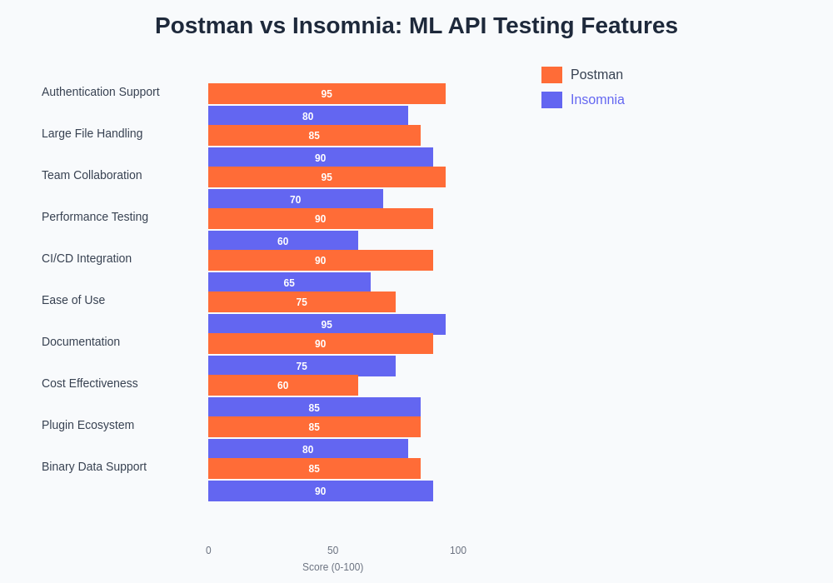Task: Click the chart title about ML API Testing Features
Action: click(x=416, y=26)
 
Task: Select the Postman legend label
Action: click(x=596, y=75)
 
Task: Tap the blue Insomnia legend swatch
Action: click(x=551, y=100)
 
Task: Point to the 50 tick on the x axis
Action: click(x=333, y=551)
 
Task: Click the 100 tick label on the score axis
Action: click(x=458, y=551)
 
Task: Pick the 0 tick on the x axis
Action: click(x=208, y=551)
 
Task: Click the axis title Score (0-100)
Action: click(x=332, y=567)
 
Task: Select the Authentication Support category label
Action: click(x=101, y=92)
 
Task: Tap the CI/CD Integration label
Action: click(x=87, y=258)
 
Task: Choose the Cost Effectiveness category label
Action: click(x=90, y=383)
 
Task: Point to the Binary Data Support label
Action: click(x=94, y=466)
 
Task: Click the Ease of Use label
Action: click(x=73, y=300)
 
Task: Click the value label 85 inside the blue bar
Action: click(x=314, y=408)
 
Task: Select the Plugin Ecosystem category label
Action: click(x=87, y=425)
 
